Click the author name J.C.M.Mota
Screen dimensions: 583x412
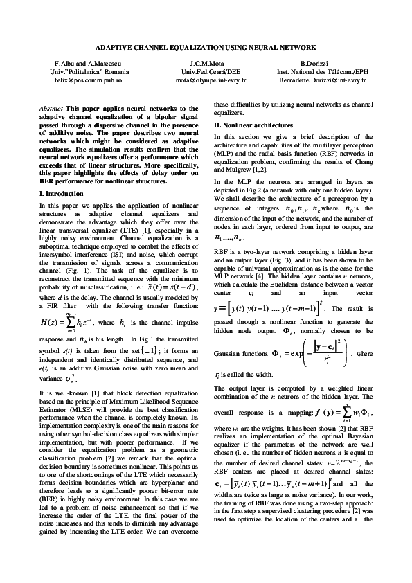205,64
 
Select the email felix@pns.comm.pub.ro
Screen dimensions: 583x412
74,80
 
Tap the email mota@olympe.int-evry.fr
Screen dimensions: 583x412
205,80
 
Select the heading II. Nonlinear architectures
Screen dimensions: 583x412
253,124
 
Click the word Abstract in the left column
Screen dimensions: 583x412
50,109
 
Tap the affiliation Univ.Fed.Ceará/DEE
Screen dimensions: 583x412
205,72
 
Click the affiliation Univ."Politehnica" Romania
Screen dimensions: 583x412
74,72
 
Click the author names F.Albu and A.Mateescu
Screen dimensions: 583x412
74,64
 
